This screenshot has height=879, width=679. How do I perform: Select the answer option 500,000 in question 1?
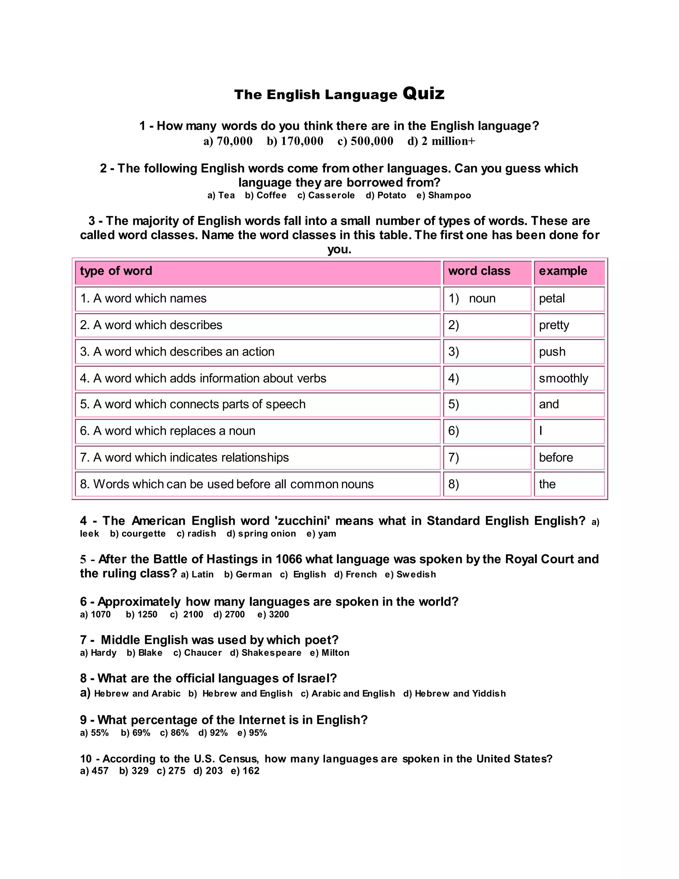coord(371,141)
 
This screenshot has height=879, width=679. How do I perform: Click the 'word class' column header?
coord(479,271)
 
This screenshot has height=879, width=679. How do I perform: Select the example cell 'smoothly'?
coord(563,378)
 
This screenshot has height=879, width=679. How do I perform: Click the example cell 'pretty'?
coord(554,325)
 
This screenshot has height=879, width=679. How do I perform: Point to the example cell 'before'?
coord(556,458)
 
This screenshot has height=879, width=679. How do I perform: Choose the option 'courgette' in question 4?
coord(143,534)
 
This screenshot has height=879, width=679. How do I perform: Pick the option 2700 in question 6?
coord(234,615)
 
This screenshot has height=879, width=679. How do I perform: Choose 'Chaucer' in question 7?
coord(203,653)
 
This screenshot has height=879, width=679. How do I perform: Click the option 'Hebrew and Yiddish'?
coord(460,694)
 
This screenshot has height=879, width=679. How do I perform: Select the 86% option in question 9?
coord(179,733)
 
